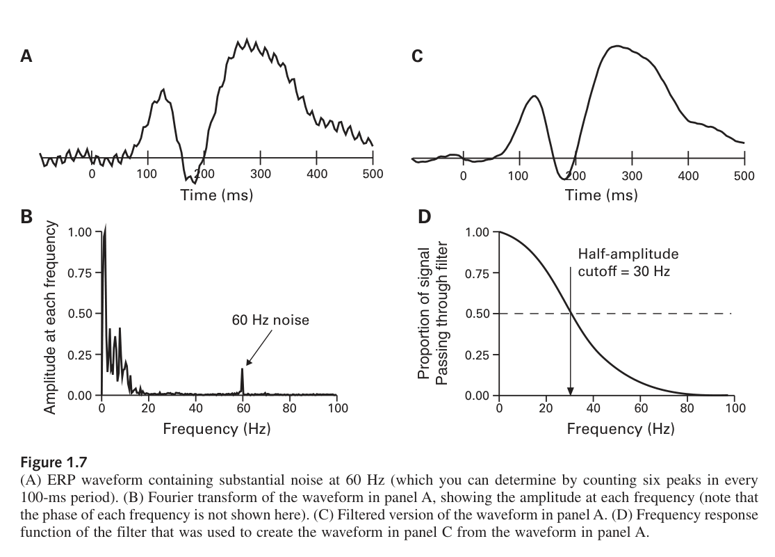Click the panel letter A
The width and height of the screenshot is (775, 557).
point(26,56)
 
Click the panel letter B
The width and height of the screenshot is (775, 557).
point(26,216)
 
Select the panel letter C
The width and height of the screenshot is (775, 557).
point(417,56)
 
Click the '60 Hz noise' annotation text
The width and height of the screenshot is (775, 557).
point(270,321)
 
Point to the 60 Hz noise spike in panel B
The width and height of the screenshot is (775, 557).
point(243,379)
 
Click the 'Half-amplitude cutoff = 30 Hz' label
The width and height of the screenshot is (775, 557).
point(628,262)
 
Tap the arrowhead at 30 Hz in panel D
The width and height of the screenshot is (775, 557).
point(570,390)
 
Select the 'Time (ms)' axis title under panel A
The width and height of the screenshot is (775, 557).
point(217,195)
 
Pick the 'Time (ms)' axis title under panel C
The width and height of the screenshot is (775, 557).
point(601,195)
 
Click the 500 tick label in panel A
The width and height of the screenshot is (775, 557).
point(373,174)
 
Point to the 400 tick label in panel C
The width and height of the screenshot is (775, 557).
point(688,176)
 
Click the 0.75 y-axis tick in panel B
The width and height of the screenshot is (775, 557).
point(83,273)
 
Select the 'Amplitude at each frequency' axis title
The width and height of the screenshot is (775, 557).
point(50,318)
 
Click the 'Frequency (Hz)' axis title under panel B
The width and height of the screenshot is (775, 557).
point(217,428)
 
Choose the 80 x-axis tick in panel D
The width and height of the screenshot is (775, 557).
point(687,408)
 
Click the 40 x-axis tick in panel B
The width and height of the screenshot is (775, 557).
point(196,408)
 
